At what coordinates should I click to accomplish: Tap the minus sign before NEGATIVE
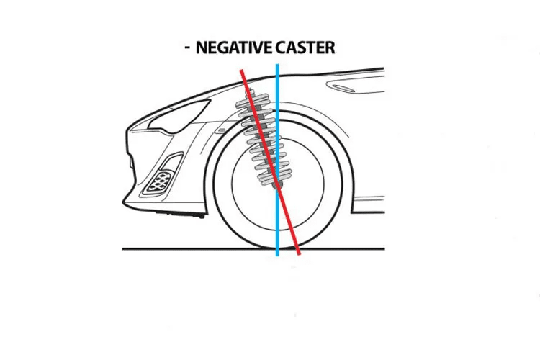click(x=187, y=48)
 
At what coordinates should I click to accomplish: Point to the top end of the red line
click(x=242, y=71)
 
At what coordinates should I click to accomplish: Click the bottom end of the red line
click(x=299, y=254)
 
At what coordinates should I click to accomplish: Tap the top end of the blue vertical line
click(x=277, y=65)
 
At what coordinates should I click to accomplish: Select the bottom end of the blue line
click(x=277, y=256)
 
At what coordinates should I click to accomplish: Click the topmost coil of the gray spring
click(x=254, y=97)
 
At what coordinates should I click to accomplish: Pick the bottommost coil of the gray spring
click(x=271, y=179)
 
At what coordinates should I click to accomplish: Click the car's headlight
click(x=180, y=114)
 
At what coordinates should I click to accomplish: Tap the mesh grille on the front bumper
click(x=158, y=183)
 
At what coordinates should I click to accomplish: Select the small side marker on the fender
click(x=222, y=130)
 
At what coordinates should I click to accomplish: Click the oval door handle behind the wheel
click(x=342, y=88)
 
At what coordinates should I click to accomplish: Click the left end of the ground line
click(x=123, y=248)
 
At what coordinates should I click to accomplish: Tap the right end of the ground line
click(x=384, y=248)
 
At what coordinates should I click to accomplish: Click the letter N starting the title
click(x=201, y=48)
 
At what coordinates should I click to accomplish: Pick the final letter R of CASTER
click(x=330, y=48)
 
